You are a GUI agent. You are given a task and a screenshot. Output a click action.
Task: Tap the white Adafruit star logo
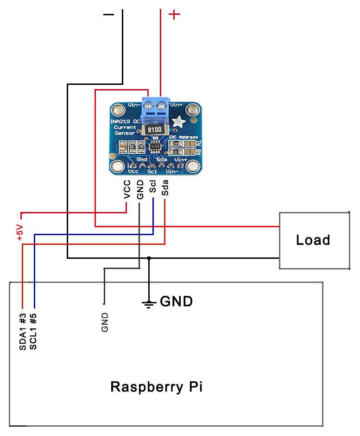(177, 123)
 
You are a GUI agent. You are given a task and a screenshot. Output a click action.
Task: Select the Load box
(314, 240)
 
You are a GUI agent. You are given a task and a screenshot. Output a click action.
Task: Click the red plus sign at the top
(174, 15)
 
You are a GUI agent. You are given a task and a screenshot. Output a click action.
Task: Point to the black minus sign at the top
(108, 15)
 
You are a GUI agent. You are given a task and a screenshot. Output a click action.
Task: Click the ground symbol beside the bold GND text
(149, 304)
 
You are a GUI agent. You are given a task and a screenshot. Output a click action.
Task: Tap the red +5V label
(19, 231)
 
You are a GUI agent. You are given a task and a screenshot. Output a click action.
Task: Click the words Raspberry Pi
(156, 386)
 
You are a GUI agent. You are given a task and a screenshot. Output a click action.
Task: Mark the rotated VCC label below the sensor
(127, 191)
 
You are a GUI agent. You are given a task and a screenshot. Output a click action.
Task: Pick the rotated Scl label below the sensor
(152, 188)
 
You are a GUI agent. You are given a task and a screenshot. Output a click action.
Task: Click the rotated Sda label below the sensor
(165, 188)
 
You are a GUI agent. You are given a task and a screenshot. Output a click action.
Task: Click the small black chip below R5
(154, 147)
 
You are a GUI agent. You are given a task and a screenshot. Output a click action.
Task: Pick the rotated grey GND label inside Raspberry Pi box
(105, 322)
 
